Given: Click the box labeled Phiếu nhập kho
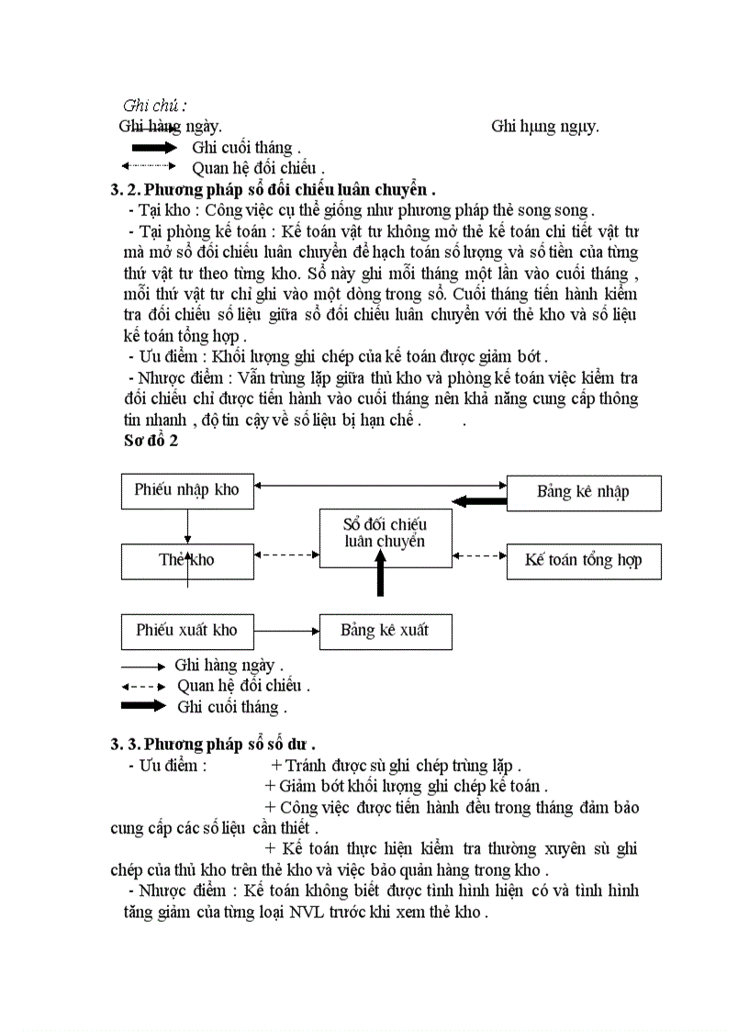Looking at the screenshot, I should (x=187, y=490).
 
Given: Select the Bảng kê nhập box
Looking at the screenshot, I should (x=583, y=492).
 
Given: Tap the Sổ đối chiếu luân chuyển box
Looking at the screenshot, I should (x=385, y=533).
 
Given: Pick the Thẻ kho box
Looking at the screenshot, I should (x=187, y=560).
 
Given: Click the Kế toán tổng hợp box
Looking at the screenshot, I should (x=583, y=560).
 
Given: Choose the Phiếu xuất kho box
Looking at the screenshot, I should (x=187, y=631).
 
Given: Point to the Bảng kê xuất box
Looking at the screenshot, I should (x=385, y=631).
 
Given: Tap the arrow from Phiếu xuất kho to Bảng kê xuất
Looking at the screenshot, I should (x=286, y=631).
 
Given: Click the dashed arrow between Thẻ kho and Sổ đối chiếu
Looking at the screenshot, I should (x=286, y=555).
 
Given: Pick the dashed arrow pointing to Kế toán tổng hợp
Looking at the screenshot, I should (x=479, y=555).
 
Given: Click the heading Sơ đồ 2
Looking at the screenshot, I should (x=151, y=441).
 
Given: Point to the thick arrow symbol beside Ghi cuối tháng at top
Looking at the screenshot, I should (x=153, y=147).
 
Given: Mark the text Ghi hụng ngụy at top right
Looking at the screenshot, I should (x=545, y=126).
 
